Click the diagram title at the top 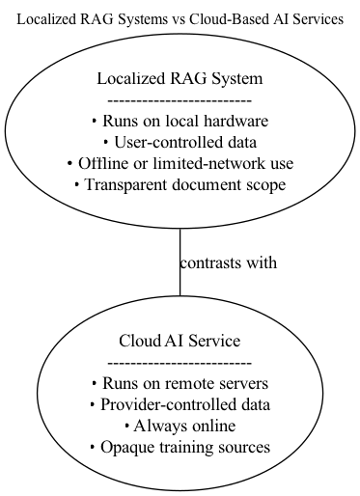(x=180, y=18)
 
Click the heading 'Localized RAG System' (x=180, y=79)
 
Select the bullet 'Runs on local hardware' (x=180, y=122)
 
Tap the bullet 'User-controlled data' (x=180, y=143)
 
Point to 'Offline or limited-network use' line (x=180, y=164)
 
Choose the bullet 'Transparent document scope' (x=180, y=185)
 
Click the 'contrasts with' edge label (x=229, y=262)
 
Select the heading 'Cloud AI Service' (x=180, y=341)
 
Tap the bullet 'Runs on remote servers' (x=180, y=383)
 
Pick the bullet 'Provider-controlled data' (x=180, y=404)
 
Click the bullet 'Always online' (x=180, y=426)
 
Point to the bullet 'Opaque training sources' (x=180, y=447)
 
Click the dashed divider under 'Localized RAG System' (x=180, y=100)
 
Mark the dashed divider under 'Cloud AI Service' (x=180, y=362)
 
